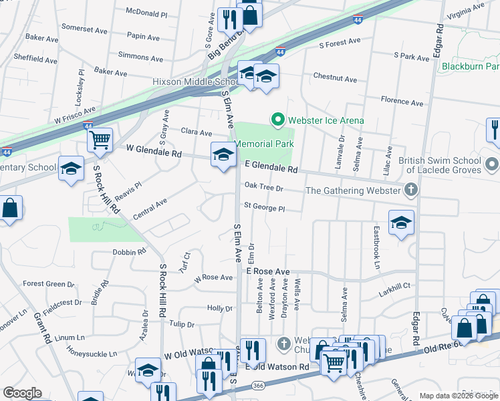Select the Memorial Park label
click(265, 144)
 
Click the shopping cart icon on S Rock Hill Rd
click(100, 140)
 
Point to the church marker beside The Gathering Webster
click(411, 190)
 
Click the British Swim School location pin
click(493, 164)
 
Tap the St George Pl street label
click(264, 208)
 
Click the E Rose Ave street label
click(267, 271)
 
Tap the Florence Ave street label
click(402, 102)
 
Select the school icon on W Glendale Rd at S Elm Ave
click(223, 156)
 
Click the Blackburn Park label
click(471, 66)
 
